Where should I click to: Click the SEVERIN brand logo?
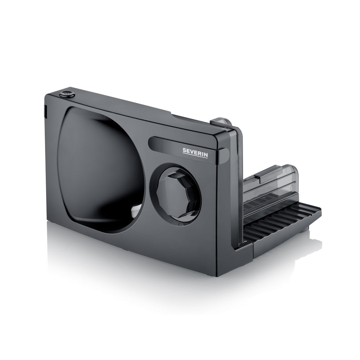coord(195,153)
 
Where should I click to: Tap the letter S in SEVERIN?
coord(184,150)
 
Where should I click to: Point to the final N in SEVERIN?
coord(206,155)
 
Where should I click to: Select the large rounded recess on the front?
coord(101,170)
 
